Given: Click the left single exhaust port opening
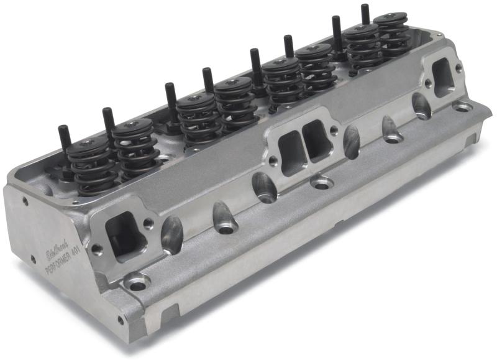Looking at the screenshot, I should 124,236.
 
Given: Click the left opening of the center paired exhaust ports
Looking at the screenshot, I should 290,152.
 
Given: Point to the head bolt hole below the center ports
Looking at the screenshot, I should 322,183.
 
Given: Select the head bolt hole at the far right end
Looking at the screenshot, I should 462,106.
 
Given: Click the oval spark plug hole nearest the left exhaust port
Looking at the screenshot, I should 171,234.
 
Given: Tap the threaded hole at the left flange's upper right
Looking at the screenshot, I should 148,221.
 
